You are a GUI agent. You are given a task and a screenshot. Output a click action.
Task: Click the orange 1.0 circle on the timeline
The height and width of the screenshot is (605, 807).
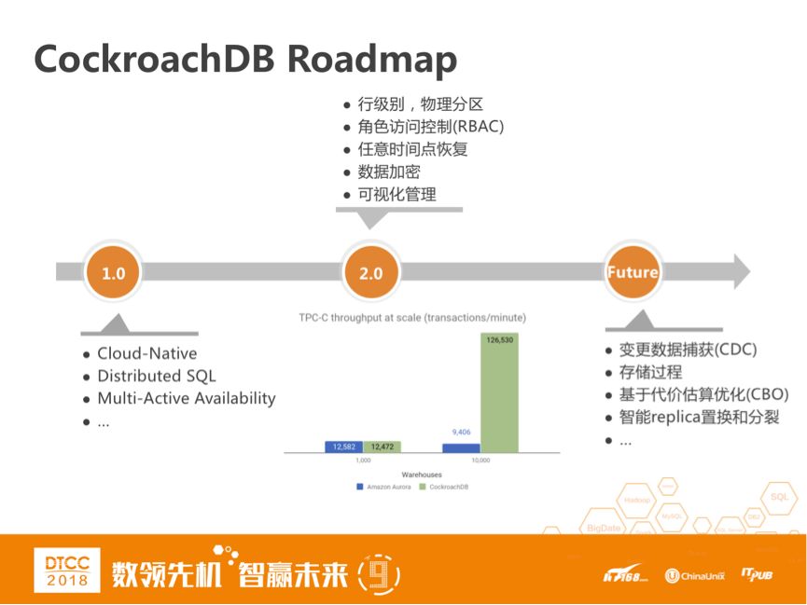click(113, 273)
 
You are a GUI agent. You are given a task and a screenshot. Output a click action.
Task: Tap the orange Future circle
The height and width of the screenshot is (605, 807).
click(633, 273)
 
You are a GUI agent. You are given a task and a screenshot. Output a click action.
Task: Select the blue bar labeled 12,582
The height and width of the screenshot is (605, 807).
click(343, 447)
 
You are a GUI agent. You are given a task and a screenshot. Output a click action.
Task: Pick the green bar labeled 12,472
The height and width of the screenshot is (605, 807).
click(382, 447)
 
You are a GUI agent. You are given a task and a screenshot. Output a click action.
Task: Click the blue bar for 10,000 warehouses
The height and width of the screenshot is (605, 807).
click(461, 447)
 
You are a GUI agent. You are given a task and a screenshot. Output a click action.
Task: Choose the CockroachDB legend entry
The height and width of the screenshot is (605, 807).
click(447, 487)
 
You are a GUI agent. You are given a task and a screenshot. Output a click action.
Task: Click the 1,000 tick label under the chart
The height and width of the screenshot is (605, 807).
click(362, 461)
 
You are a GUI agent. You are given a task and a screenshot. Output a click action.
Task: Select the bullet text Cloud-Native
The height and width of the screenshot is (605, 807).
click(146, 353)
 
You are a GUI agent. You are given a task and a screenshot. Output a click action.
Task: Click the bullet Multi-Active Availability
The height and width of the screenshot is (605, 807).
click(187, 398)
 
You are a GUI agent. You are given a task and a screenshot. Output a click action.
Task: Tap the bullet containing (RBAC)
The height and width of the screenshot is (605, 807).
click(430, 127)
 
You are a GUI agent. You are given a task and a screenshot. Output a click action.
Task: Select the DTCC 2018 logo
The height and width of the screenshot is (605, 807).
click(66, 569)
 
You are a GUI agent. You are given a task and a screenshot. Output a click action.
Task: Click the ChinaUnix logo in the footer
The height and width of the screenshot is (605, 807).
click(695, 575)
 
